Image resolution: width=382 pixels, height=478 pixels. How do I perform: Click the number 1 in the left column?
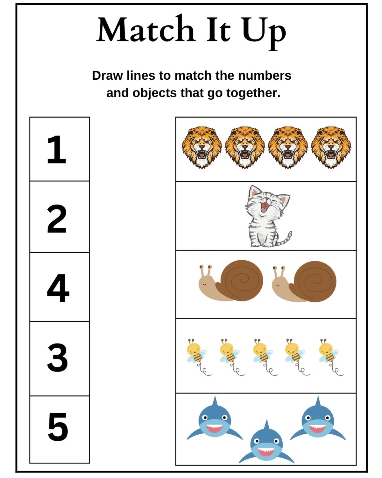[57, 149]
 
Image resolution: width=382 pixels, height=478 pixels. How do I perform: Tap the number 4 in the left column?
[58, 288]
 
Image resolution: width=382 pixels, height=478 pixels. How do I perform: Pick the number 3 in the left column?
[57, 358]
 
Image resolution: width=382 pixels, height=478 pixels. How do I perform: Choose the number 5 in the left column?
[58, 427]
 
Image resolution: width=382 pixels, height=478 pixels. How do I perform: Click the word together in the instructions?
[253, 93]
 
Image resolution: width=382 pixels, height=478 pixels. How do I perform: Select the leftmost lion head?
[202, 147]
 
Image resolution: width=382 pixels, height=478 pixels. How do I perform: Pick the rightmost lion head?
[331, 147]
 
